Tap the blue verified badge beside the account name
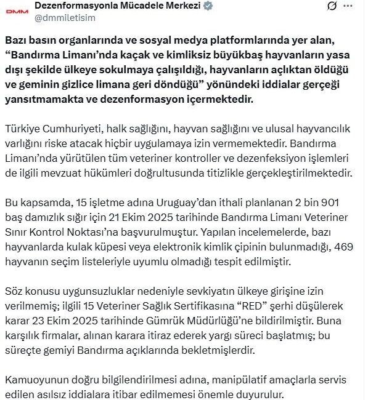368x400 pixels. click(x=209, y=6)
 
